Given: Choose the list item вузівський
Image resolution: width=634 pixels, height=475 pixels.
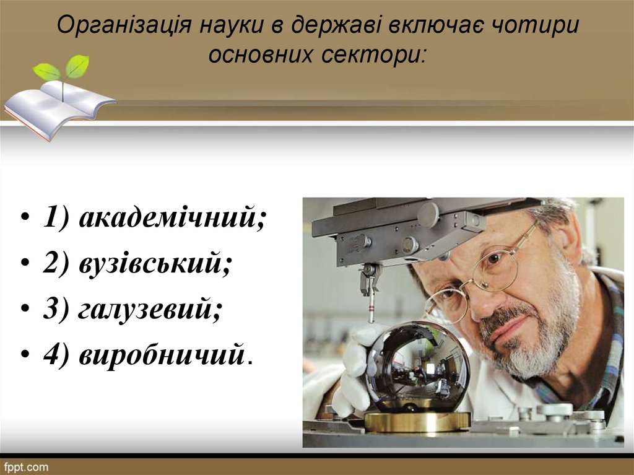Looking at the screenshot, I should click(x=155, y=264).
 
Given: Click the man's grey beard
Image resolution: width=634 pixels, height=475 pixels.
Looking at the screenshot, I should click(x=539, y=347).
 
